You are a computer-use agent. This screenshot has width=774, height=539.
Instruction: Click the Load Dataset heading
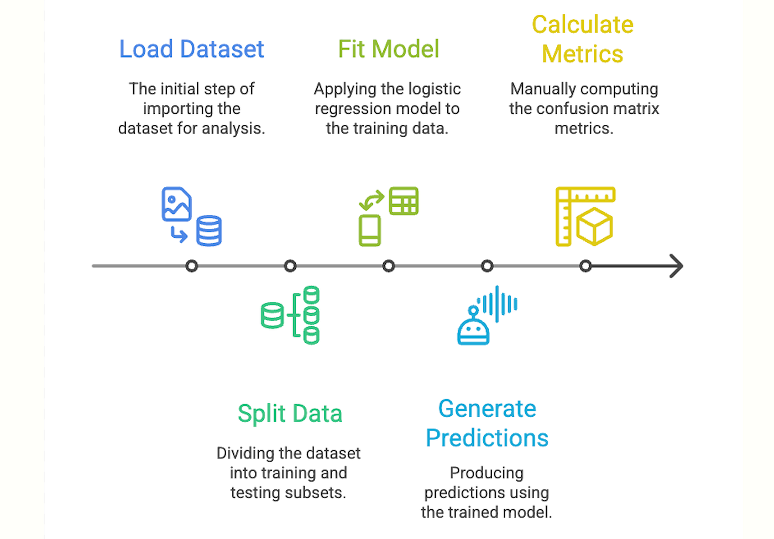pyautogui.click(x=191, y=49)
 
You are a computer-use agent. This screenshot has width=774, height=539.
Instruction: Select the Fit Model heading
pyautogui.click(x=388, y=49)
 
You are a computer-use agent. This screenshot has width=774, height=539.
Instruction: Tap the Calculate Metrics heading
pyautogui.click(x=583, y=39)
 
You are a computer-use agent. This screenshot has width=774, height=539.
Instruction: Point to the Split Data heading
pyautogui.click(x=290, y=414)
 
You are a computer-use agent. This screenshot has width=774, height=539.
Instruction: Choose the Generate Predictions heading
pyautogui.click(x=487, y=423)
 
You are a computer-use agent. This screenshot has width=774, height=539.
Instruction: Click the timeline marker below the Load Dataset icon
pyautogui.click(x=192, y=266)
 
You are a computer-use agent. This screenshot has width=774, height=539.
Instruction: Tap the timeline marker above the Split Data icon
pyautogui.click(x=290, y=266)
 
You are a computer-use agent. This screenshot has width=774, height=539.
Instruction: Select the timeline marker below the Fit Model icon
pyautogui.click(x=389, y=266)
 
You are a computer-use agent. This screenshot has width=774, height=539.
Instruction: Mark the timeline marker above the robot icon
pyautogui.click(x=487, y=266)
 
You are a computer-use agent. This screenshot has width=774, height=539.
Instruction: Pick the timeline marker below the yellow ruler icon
pyautogui.click(x=585, y=266)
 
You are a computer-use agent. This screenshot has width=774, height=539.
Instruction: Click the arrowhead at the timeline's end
pyautogui.click(x=677, y=266)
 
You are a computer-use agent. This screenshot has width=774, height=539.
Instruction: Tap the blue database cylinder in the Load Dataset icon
pyautogui.click(x=210, y=231)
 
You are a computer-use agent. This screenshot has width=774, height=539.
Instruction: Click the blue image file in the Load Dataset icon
pyautogui.click(x=176, y=204)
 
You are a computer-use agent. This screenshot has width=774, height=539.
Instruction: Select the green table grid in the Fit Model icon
pyautogui.click(x=404, y=201)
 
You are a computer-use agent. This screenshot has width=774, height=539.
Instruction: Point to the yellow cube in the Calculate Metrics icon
pyautogui.click(x=594, y=226)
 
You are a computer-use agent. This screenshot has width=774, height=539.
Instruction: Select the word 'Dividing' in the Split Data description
pyautogui.click(x=244, y=453)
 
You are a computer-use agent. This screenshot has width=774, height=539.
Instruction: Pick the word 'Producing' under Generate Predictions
pyautogui.click(x=487, y=473)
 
